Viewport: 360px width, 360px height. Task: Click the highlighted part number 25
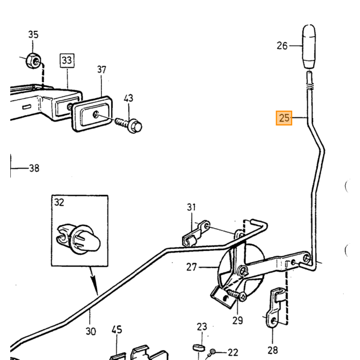click(284, 118)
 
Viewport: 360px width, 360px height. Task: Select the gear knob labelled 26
click(309, 47)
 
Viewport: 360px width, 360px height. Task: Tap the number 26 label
click(282, 46)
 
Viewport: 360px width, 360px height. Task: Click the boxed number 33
click(67, 61)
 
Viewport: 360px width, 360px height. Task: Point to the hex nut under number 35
click(33, 61)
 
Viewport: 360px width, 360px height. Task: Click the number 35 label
click(33, 34)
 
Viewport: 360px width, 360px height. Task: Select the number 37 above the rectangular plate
click(102, 69)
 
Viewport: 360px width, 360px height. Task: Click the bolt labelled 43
click(129, 124)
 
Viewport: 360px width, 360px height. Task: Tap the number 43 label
click(129, 98)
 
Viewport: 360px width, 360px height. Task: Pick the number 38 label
click(34, 168)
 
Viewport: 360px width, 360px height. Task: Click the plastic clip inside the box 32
click(78, 238)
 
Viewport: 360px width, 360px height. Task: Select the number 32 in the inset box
click(59, 202)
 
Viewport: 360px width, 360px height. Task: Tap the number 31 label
click(191, 207)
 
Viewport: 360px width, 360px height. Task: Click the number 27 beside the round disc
click(191, 267)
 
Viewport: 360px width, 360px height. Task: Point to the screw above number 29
click(237, 295)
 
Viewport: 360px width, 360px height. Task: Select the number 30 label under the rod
click(91, 331)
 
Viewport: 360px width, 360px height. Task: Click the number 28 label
click(273, 350)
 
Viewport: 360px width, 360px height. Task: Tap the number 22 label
click(233, 352)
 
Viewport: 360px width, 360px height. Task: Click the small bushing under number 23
click(199, 347)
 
